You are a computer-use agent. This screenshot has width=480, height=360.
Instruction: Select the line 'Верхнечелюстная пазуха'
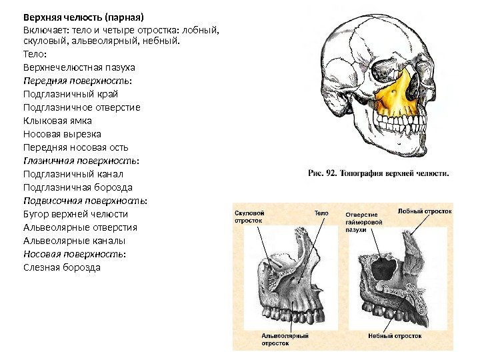79,67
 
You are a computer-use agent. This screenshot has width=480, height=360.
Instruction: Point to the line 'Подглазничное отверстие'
82,107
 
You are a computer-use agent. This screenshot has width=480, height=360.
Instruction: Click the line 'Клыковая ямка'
57,121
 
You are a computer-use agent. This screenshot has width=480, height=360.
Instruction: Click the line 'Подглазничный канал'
72,174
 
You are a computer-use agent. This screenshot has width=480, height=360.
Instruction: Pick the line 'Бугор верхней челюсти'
75,214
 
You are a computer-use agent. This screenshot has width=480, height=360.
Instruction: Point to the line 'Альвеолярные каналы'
74,241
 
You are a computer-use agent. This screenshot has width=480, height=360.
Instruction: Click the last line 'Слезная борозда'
61,267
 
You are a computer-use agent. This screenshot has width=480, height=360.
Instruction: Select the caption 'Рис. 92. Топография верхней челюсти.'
379,173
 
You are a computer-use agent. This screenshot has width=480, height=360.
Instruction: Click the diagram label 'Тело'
321,213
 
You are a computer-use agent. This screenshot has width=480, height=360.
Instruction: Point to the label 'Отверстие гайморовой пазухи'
364,221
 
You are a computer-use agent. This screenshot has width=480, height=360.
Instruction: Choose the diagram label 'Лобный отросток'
425,211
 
